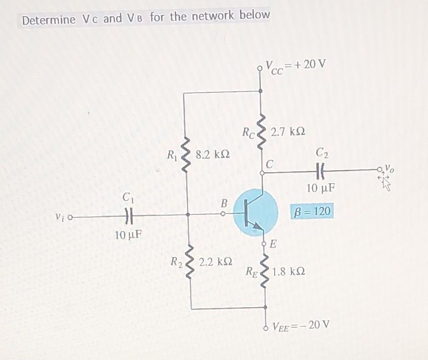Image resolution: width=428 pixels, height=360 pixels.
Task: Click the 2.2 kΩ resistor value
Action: pos(215,262)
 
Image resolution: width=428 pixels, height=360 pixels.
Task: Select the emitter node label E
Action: pos(273,245)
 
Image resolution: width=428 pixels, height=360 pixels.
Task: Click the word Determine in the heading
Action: pos(49,20)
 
